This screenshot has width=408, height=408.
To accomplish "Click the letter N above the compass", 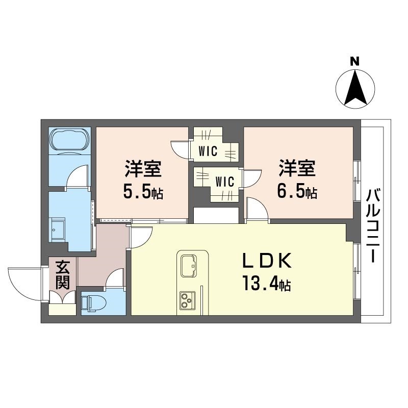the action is (x=354, y=61).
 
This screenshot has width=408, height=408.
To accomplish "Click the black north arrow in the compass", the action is (x=355, y=87).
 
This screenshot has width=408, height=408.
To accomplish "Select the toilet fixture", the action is (x=93, y=302).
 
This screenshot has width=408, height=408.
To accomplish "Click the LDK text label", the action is (x=267, y=261).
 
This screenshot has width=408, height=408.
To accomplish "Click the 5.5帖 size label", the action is (x=143, y=193).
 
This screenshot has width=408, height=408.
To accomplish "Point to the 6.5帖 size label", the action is (x=297, y=192).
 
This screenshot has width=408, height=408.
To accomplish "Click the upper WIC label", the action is (x=208, y=151).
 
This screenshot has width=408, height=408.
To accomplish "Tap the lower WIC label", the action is (x=225, y=182).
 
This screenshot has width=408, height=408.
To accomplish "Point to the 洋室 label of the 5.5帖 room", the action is (x=143, y=169).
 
